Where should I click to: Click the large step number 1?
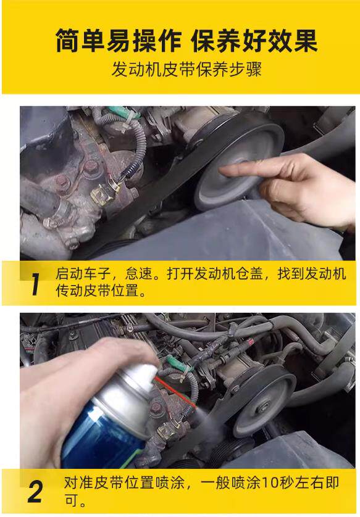click(35, 284)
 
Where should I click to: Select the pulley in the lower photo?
click(263, 400)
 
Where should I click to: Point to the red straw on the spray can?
click(174, 392)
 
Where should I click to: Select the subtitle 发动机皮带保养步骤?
click(186, 70)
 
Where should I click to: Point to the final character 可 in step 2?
click(70, 500)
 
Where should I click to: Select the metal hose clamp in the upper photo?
click(63, 209)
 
